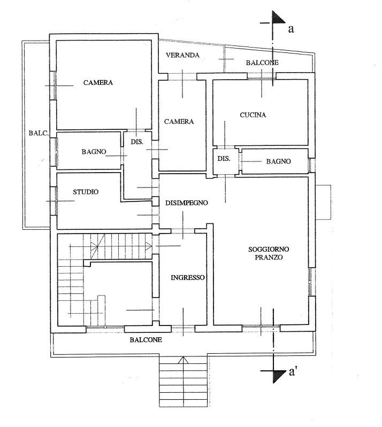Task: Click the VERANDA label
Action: [182, 55]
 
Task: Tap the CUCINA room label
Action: [253, 115]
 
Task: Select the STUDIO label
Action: [86, 192]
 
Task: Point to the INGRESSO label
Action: [188, 277]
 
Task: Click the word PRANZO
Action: [269, 257]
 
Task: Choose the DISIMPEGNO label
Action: [187, 203]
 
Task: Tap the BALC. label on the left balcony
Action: [39, 134]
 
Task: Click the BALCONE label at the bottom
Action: [146, 339]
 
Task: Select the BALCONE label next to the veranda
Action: [262, 63]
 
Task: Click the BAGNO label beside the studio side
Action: [94, 152]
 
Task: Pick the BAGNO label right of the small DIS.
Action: [278, 161]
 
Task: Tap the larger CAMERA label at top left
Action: [98, 82]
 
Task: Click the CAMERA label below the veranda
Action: [179, 121]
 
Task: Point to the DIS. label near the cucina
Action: [224, 159]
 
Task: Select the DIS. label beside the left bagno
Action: [137, 142]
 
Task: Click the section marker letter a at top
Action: [291, 29]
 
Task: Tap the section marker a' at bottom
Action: [292, 372]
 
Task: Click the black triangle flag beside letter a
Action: [278, 18]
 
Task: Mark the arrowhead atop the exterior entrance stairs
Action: [183, 360]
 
